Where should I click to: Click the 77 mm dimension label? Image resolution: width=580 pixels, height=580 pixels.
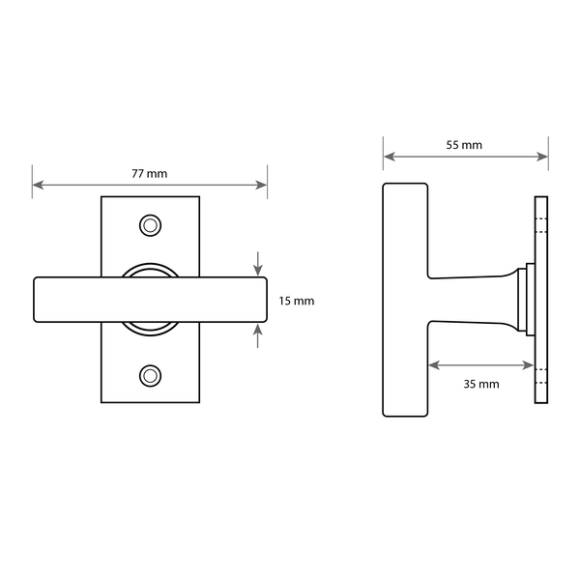(150, 173)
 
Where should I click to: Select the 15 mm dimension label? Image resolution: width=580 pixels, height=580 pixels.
(297, 301)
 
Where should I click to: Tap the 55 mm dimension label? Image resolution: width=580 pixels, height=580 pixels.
(464, 145)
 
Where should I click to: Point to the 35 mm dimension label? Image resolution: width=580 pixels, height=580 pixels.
(481, 384)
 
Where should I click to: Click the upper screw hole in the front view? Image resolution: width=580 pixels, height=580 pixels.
(150, 225)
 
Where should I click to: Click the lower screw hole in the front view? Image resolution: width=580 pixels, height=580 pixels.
(150, 376)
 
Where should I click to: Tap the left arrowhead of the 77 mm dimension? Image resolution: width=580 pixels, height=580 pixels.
(38, 185)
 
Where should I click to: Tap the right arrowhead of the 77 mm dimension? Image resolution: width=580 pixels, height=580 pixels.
(261, 185)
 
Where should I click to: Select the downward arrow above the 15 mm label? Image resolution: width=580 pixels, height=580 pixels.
(258, 264)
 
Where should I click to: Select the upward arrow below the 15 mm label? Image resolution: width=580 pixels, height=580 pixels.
(258, 335)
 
